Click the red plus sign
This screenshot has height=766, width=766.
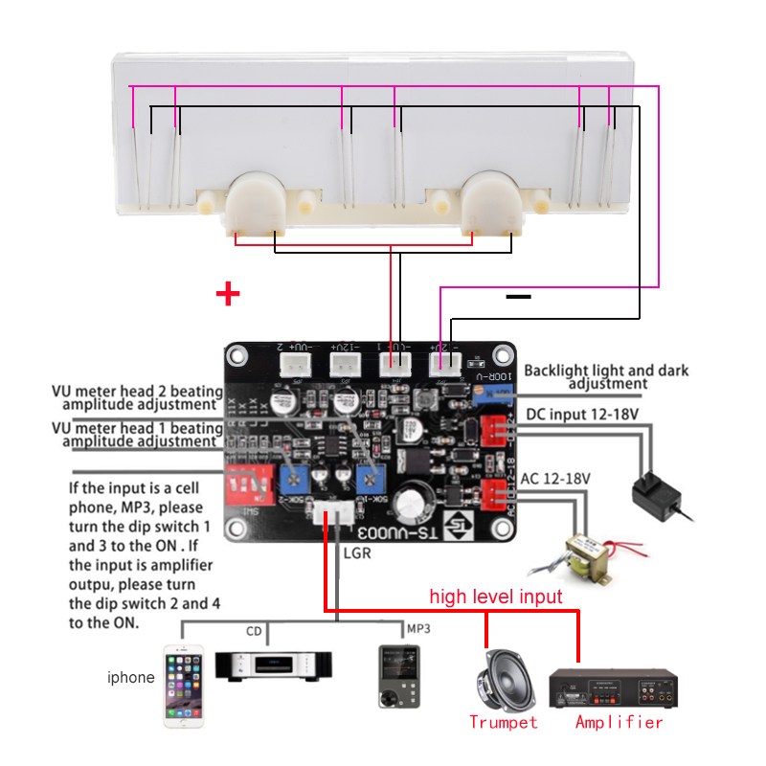[228, 293]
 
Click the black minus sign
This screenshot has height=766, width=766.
[518, 298]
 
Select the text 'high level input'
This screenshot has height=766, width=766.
[495, 597]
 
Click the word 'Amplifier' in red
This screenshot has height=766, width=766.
[619, 722]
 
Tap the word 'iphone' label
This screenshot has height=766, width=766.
[131, 678]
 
